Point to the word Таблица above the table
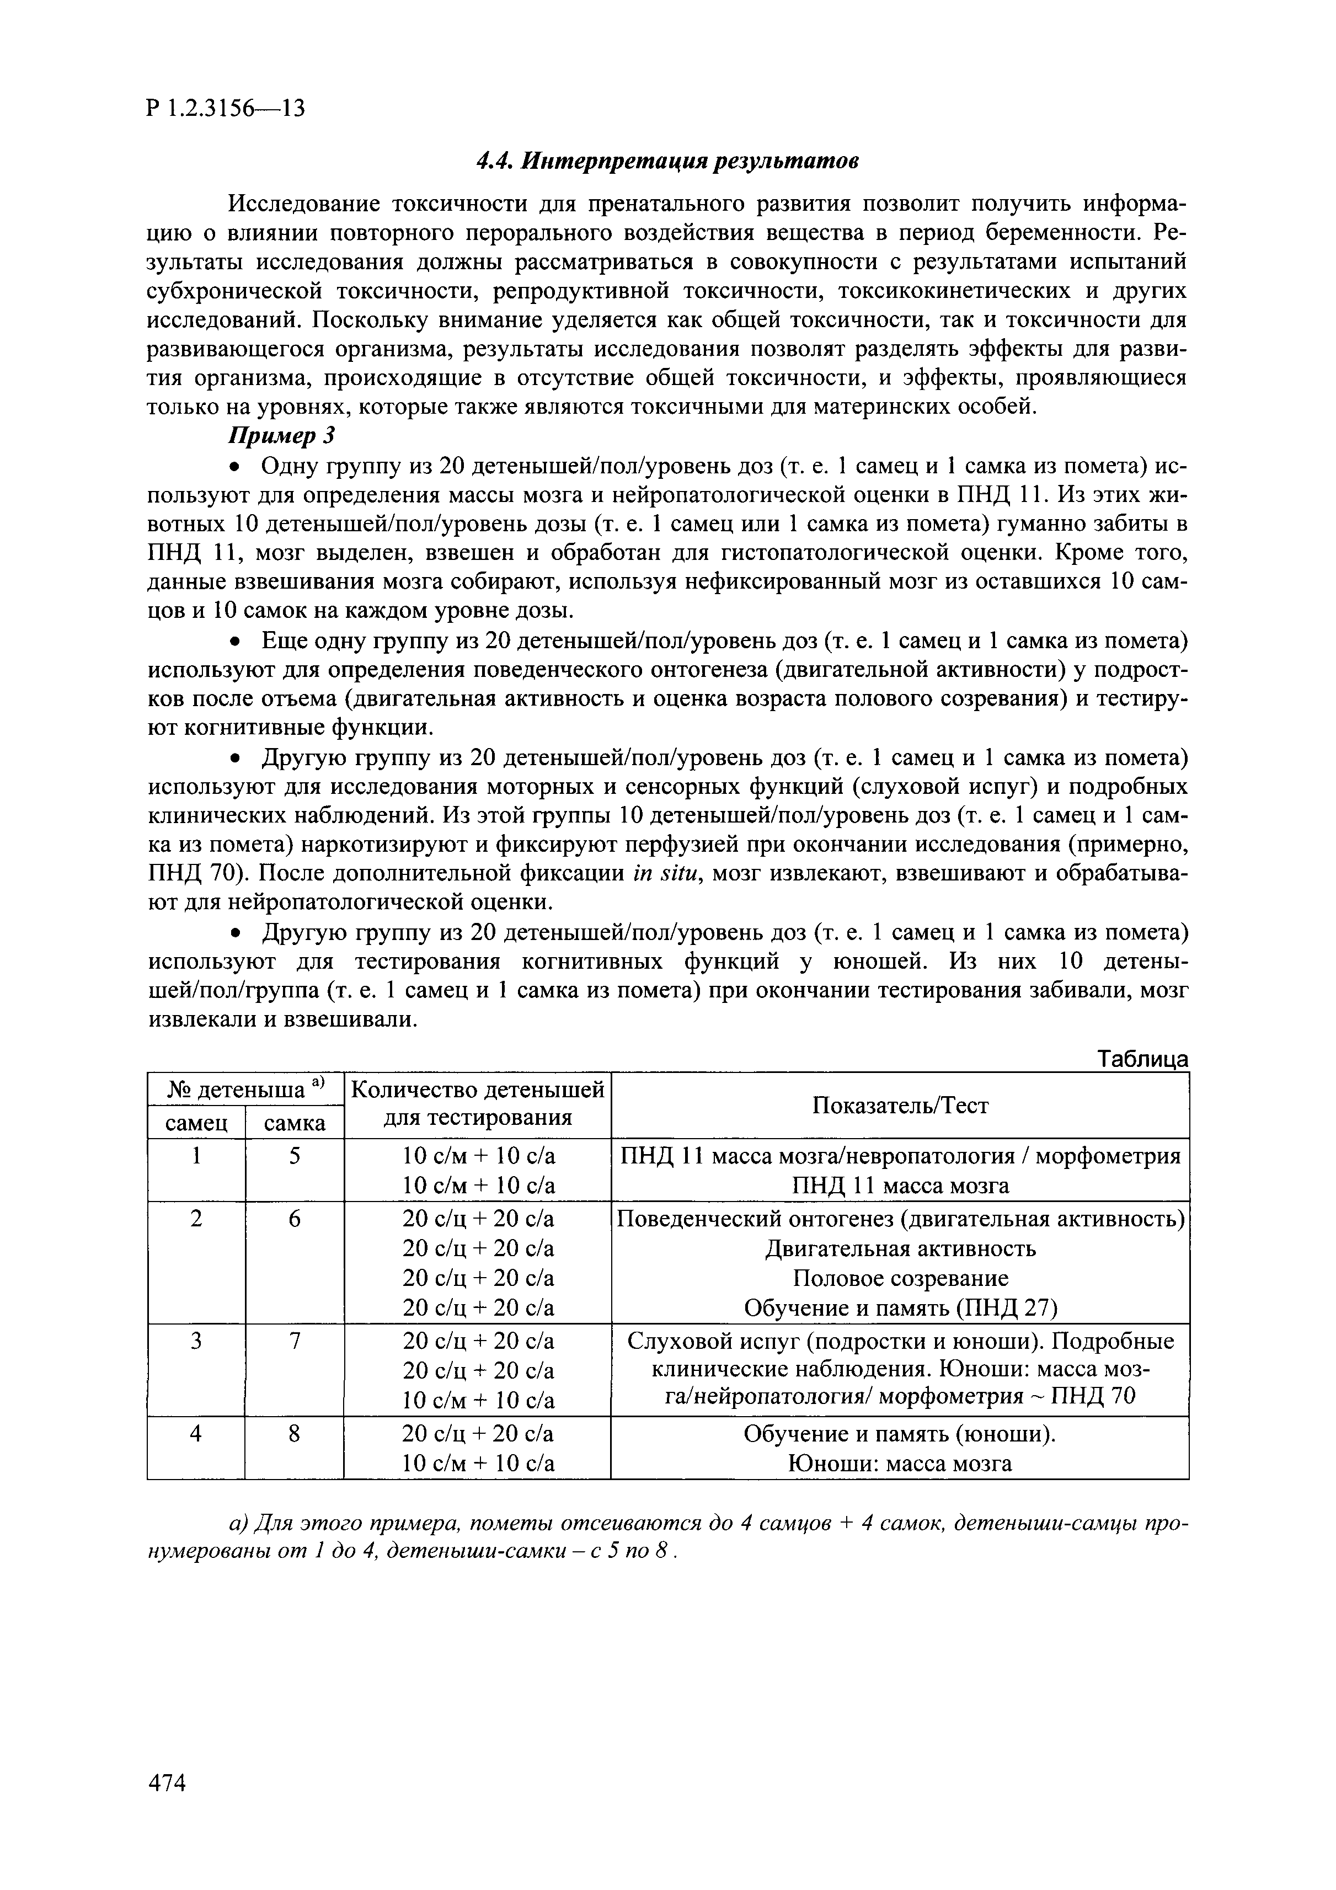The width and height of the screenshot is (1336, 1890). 1143,1059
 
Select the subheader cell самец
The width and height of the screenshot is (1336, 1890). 196,1123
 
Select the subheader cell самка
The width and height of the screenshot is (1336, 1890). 294,1123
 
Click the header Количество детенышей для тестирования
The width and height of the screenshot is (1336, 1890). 478,1104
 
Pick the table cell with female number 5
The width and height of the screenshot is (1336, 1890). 294,1156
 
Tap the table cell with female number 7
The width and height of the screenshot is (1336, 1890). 294,1342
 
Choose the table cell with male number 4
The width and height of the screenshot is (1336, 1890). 196,1434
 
